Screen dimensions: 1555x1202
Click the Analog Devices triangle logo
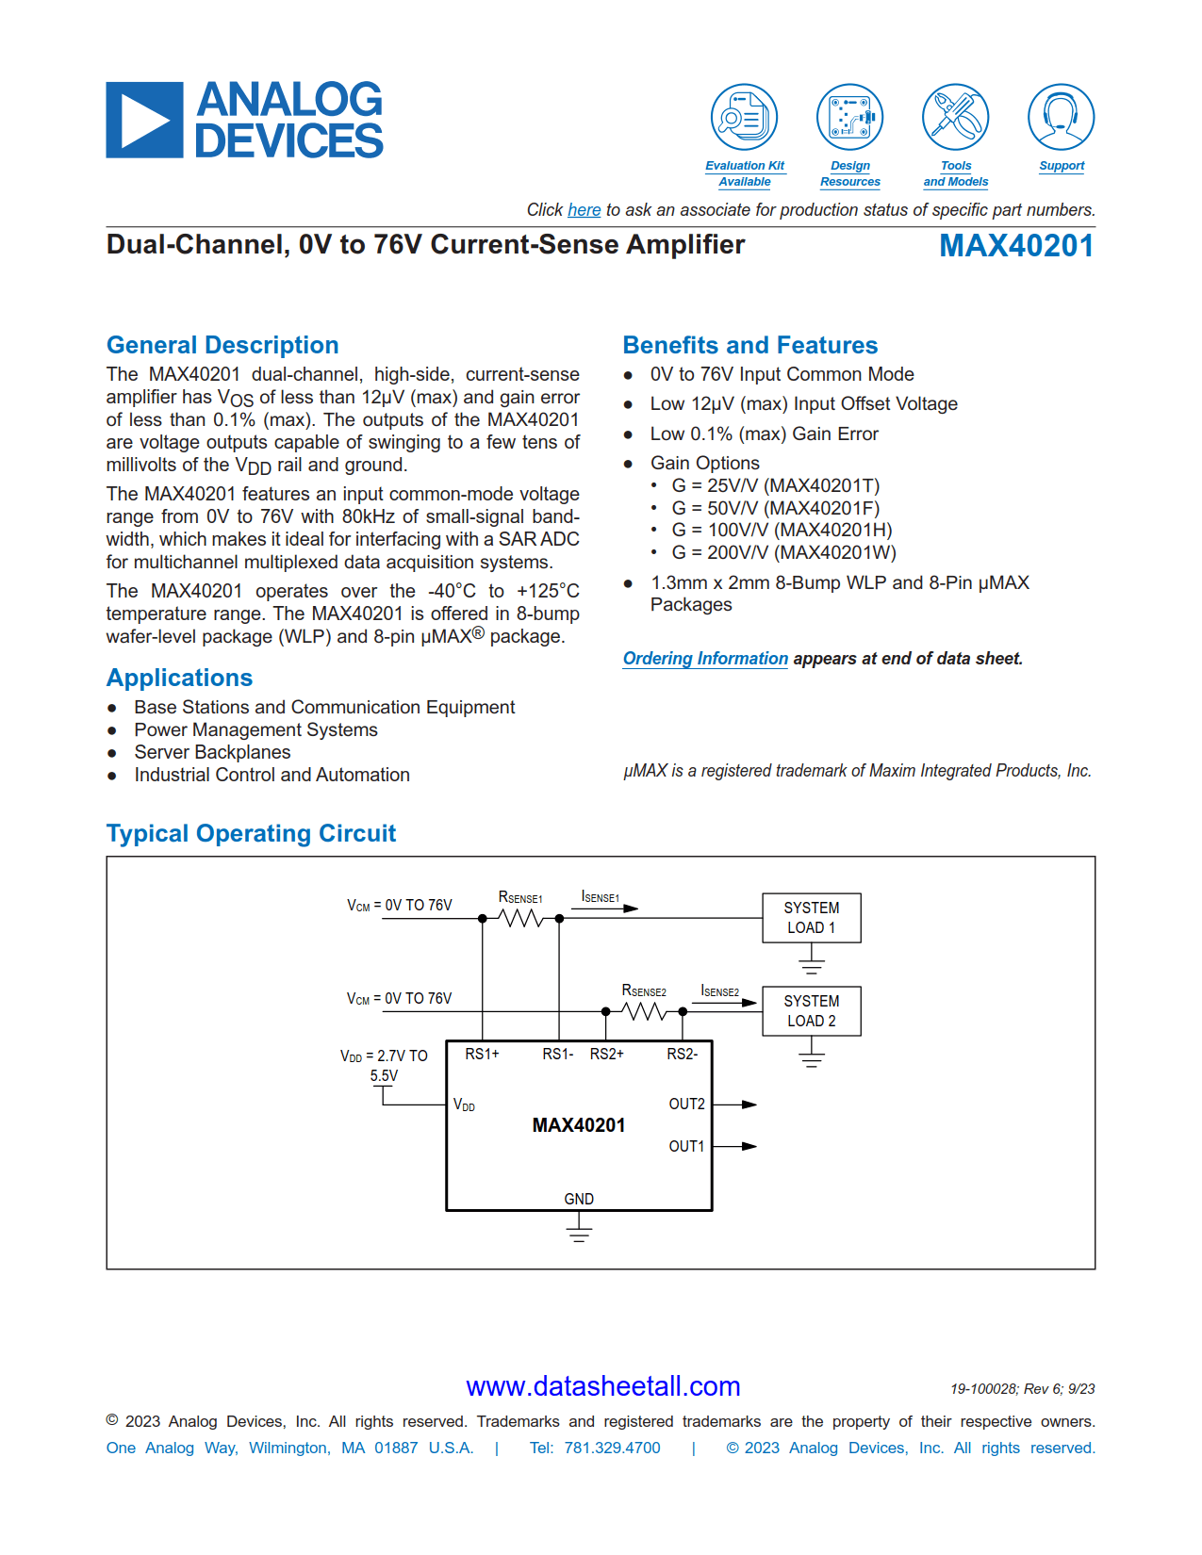point(144,121)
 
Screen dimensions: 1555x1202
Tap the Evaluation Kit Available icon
point(744,118)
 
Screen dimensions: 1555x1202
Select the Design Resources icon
point(849,118)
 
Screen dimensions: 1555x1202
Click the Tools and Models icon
point(955,118)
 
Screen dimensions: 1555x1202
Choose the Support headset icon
point(1061,118)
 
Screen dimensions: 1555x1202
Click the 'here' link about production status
point(584,210)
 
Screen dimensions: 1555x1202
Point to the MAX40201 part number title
point(1016,246)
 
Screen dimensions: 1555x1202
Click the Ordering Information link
point(705,659)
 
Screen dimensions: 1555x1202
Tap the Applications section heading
point(179,678)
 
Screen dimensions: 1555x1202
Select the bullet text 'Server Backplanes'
point(212,752)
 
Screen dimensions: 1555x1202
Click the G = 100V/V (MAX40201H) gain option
point(782,531)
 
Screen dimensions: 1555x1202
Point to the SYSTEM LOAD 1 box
point(811,918)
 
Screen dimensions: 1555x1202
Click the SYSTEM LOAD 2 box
point(811,1011)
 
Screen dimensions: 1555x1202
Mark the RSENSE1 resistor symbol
point(520,918)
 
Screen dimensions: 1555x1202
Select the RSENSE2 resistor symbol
point(644,1012)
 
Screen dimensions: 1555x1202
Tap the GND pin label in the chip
point(579,1199)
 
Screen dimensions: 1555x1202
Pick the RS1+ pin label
point(482,1054)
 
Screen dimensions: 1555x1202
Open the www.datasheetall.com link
point(602,1386)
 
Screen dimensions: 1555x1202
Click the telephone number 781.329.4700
point(612,1448)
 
